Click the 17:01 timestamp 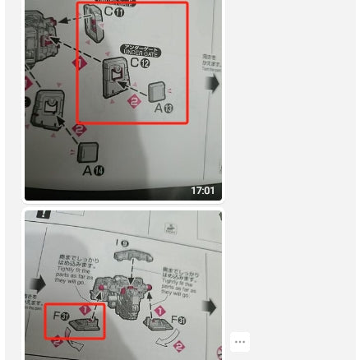202,191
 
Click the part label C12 140,63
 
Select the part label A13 164,107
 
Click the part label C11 113,12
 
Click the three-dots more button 240,341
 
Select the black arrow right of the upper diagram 215,85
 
